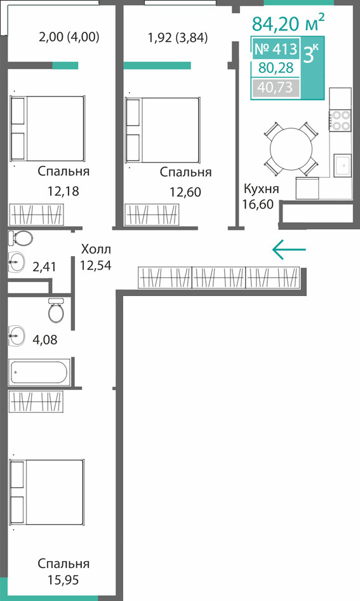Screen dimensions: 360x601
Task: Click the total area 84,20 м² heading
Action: click(288, 23)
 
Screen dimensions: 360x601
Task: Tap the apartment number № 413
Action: click(276, 49)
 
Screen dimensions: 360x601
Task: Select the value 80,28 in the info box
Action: click(276, 68)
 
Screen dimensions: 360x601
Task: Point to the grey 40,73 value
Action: click(275, 88)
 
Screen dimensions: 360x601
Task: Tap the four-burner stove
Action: click(340, 120)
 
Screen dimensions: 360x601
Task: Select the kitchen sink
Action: click(342, 165)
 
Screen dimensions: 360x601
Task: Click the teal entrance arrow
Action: click(289, 250)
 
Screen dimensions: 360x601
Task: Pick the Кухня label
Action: click(262, 189)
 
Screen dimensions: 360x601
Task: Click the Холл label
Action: click(96, 249)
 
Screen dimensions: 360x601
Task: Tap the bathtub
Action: click(39, 372)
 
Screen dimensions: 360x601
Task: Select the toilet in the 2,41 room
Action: click(21, 239)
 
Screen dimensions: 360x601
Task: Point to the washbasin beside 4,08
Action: click(17, 335)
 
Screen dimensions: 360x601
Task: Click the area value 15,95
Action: click(63, 580)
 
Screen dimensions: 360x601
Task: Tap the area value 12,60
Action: click(185, 192)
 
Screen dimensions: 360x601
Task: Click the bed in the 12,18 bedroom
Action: click(47, 129)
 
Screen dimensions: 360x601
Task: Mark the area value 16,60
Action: click(258, 204)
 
